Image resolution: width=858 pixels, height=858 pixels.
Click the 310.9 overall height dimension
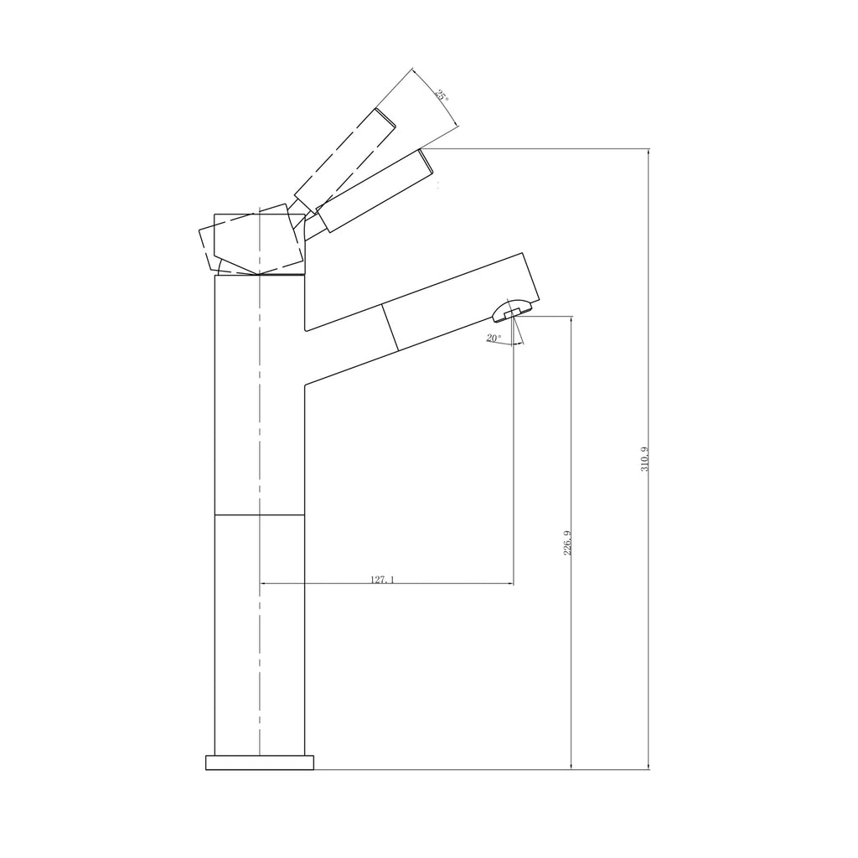click(x=644, y=459)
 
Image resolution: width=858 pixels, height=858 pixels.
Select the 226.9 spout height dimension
click(x=567, y=543)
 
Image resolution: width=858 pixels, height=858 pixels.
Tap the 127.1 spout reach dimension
click(x=381, y=578)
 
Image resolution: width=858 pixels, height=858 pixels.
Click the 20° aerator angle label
click(x=493, y=338)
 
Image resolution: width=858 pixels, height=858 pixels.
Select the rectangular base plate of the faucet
click(x=260, y=762)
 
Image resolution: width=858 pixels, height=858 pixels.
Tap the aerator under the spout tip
click(x=508, y=310)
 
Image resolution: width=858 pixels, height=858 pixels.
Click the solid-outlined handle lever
click(x=377, y=190)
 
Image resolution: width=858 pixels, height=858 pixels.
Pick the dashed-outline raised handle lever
click(x=344, y=157)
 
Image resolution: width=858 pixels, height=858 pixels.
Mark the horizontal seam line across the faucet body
click(x=260, y=514)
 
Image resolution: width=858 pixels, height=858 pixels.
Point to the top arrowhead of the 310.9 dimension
click(x=649, y=152)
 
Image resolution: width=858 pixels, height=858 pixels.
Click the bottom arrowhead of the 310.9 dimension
click(x=649, y=766)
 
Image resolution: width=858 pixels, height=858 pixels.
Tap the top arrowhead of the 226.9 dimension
click(x=571, y=318)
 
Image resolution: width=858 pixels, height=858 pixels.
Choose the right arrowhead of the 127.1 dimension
click(x=510, y=583)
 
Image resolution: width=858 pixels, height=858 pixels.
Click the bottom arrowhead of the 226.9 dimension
click(x=571, y=766)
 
